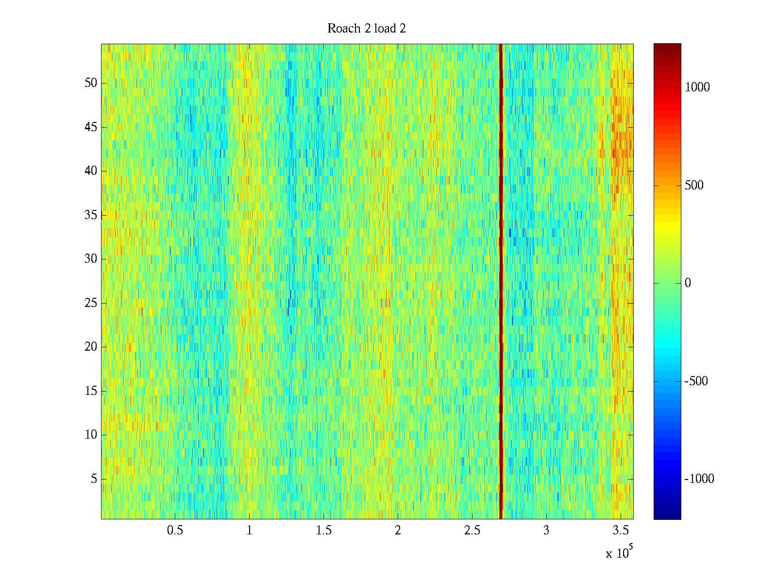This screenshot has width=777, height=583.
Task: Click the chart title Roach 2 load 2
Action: point(367,29)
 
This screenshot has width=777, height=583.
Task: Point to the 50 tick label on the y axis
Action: point(91,83)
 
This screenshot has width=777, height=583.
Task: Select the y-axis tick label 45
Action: point(91,127)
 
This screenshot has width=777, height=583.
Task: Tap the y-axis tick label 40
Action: point(91,171)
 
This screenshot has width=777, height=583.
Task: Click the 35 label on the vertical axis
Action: point(91,215)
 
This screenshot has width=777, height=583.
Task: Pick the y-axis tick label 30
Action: point(91,259)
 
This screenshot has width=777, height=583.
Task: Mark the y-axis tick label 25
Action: point(91,303)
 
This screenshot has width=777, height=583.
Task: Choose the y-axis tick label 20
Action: point(91,347)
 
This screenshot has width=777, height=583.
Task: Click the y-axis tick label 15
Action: point(91,391)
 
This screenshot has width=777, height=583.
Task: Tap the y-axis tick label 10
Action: point(91,435)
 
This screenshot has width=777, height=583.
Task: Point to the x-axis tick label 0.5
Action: point(175,531)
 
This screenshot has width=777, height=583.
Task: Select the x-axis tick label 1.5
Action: point(323,531)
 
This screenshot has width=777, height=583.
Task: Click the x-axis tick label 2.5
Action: point(472,531)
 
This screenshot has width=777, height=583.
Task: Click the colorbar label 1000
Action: point(697,87)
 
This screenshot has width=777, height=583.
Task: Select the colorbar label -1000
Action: point(699,479)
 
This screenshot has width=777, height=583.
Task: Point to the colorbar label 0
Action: point(688,283)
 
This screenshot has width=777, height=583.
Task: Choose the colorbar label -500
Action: point(696,381)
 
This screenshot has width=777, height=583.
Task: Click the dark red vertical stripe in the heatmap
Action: point(501,282)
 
